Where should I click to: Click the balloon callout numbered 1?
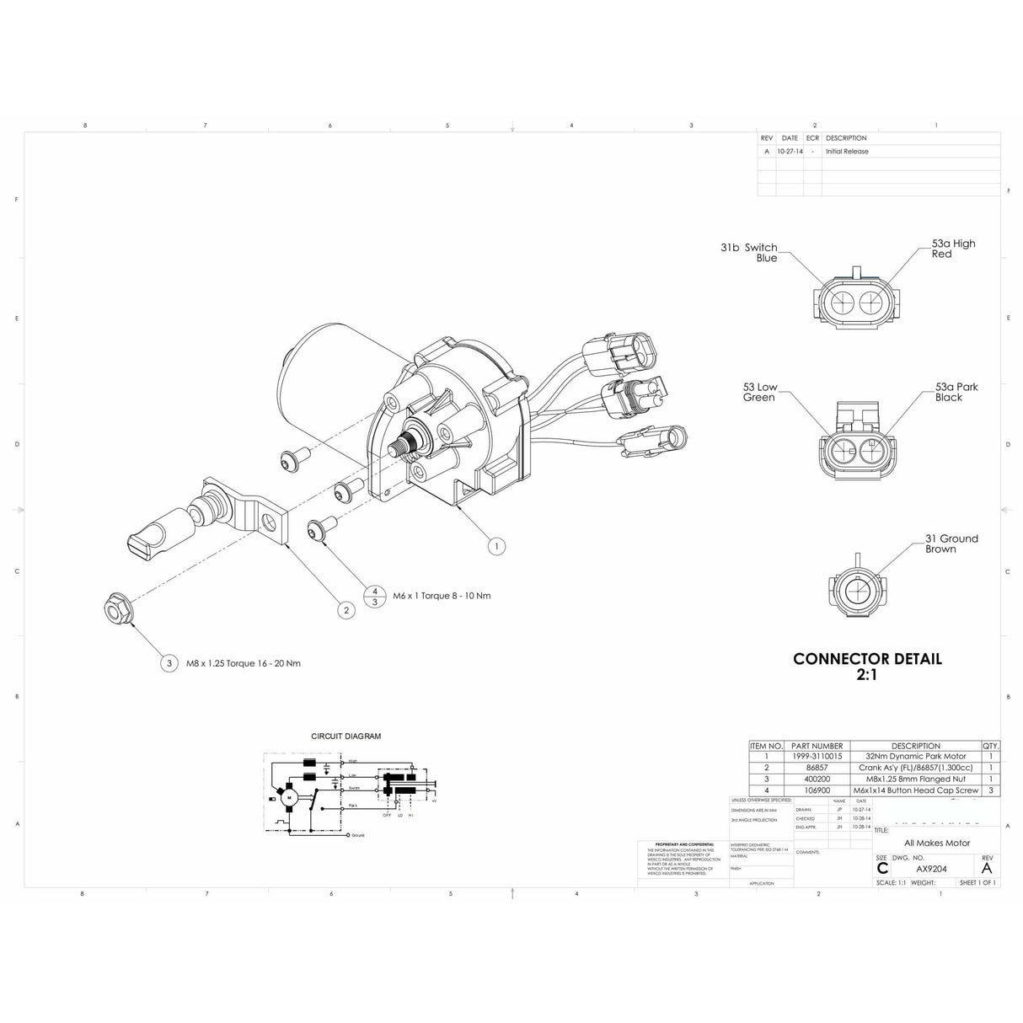point(496,546)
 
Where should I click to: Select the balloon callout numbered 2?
point(345,610)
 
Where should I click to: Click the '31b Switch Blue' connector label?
point(749,253)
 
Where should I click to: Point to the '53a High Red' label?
point(953,249)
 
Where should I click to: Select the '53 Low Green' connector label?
point(759,392)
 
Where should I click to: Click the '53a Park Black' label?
point(956,392)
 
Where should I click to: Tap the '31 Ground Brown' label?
point(951,544)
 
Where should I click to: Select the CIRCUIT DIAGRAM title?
point(345,736)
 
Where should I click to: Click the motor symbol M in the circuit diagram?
point(289,796)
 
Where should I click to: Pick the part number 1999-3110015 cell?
point(817,757)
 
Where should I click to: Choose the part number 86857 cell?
point(817,768)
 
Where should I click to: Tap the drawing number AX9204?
point(931,869)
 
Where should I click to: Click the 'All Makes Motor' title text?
point(936,843)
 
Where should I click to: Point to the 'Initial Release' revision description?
point(847,152)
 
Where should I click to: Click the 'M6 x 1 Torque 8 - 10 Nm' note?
point(442,596)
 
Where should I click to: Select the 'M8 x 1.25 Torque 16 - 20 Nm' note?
point(244,663)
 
